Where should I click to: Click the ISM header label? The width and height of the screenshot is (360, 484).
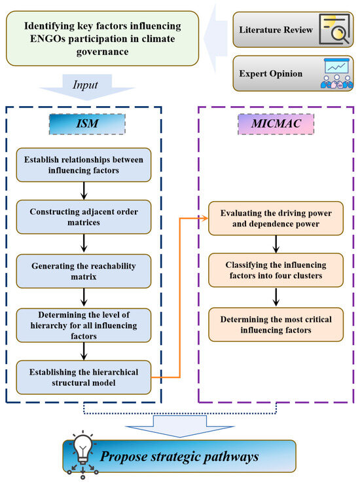tap(87, 124)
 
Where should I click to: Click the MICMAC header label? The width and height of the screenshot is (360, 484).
tap(276, 124)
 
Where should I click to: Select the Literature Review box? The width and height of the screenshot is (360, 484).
tap(293, 29)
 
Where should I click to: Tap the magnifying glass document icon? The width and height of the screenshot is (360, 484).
tap(334, 29)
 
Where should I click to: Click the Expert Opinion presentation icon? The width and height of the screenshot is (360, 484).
tap(337, 73)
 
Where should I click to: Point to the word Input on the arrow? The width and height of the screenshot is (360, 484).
tap(85, 85)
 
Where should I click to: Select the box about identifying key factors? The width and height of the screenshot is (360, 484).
tap(102, 39)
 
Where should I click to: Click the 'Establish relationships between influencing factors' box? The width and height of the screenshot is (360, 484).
tap(84, 165)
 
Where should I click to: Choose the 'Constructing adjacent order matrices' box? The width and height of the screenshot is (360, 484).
tap(84, 217)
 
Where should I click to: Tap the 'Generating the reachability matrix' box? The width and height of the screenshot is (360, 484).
tap(84, 271)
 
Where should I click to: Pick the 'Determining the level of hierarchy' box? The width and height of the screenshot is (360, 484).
tap(84, 326)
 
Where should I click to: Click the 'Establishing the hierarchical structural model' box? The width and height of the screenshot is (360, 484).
tap(84, 377)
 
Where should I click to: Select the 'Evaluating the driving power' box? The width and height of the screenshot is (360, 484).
tap(276, 219)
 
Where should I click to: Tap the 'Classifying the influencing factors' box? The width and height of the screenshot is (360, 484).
tap(276, 270)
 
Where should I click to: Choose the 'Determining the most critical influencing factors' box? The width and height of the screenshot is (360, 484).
tap(276, 324)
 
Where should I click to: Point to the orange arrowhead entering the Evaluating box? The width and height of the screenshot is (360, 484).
tap(205, 219)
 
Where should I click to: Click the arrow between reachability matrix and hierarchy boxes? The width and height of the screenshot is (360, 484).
tap(84, 297)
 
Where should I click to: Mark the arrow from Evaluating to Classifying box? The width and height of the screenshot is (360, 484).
tap(276, 244)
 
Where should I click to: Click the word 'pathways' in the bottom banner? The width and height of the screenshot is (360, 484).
tap(231, 457)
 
